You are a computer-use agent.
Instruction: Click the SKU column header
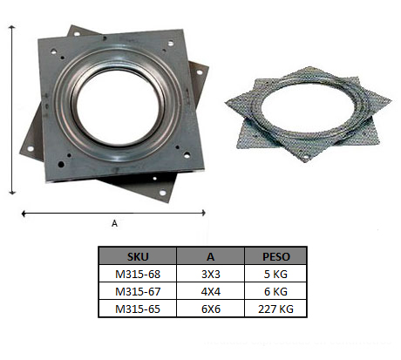pos(138,256)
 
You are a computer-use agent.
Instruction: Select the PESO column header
pos(276,256)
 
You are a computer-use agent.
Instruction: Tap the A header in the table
pos(210,256)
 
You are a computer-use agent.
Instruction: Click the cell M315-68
pos(138,274)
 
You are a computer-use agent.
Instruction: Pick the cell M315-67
pos(138,291)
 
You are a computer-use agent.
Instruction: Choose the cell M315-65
pos(138,309)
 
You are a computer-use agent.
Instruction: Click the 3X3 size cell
pos(211,274)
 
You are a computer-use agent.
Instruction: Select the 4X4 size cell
pos(211,291)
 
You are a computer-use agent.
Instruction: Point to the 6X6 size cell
pos(211,309)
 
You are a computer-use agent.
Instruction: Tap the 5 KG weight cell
pos(275,274)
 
